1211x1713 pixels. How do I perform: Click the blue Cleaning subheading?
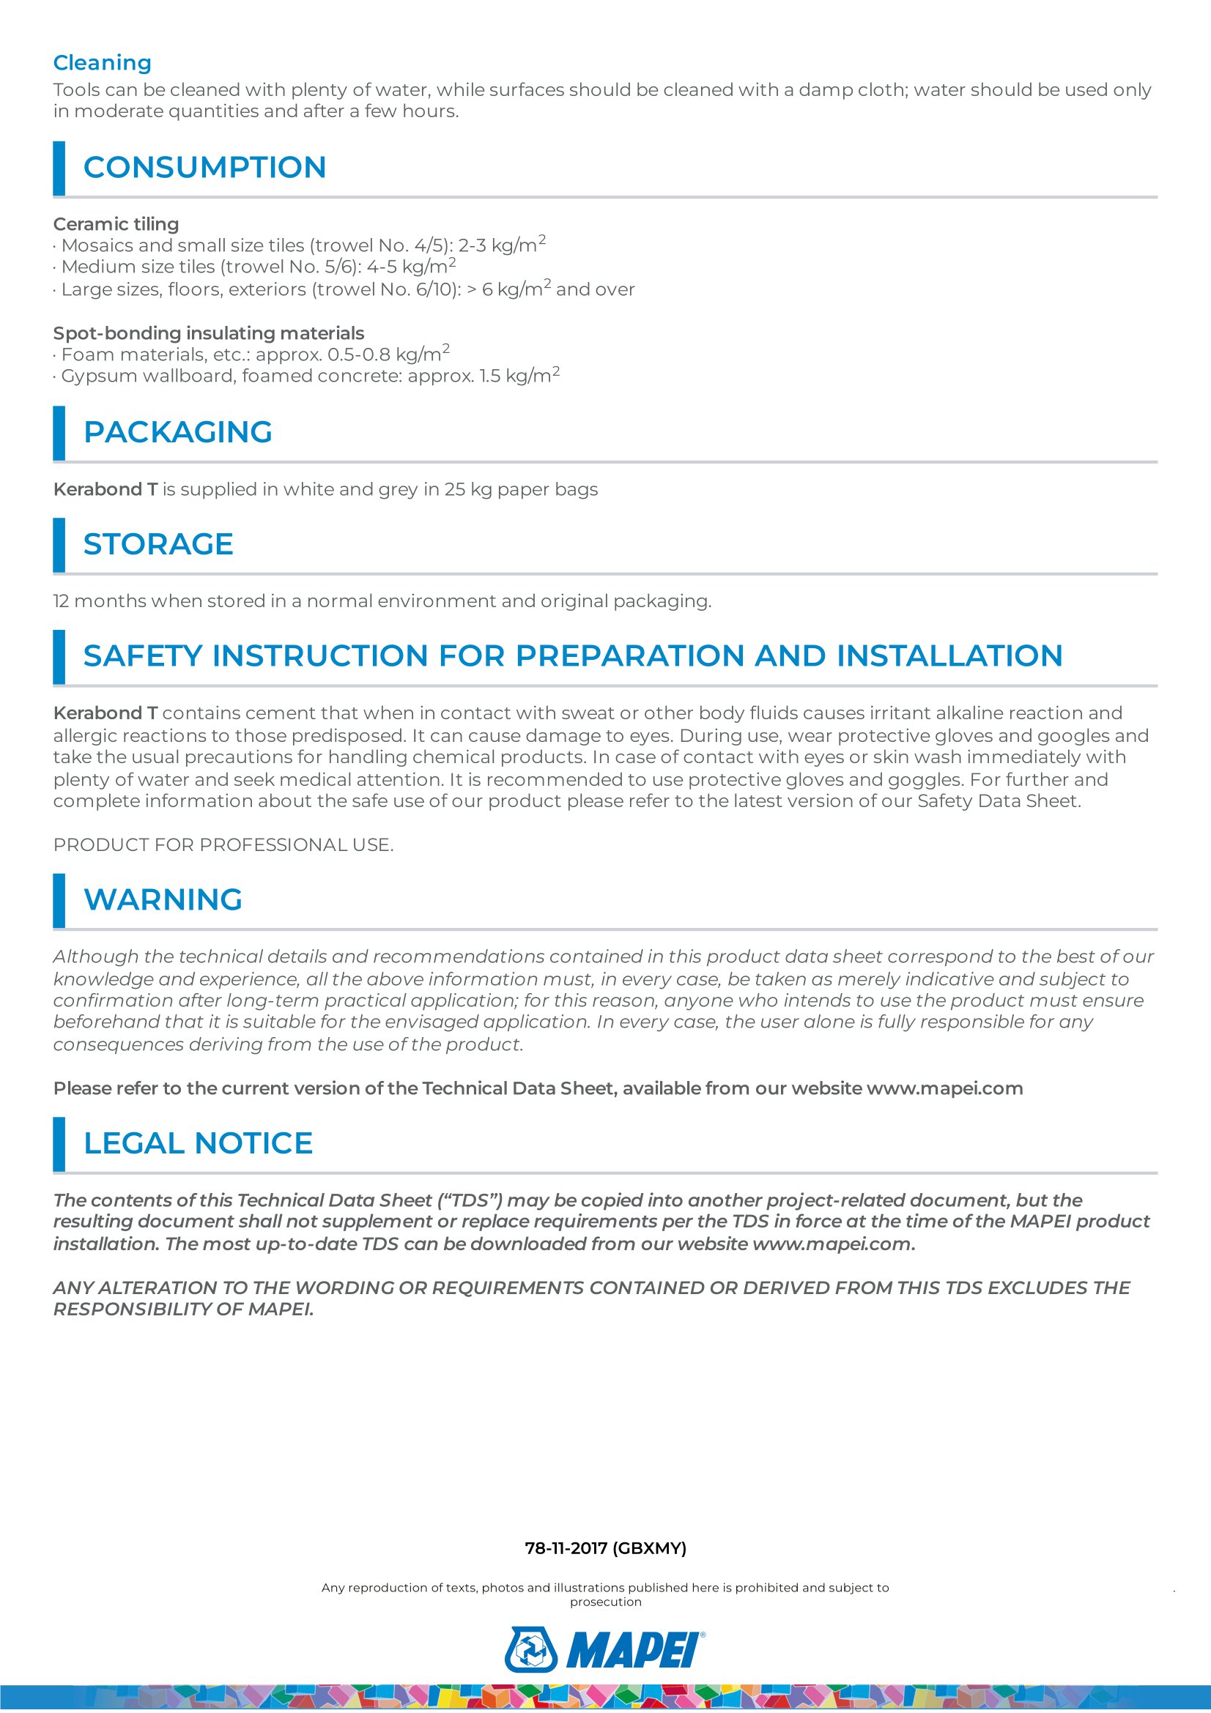pyautogui.click(x=103, y=63)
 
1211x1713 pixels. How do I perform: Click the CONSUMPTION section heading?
pyautogui.click(x=204, y=167)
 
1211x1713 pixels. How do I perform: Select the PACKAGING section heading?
pyautogui.click(x=177, y=432)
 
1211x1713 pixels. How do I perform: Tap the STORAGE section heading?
pyautogui.click(x=158, y=544)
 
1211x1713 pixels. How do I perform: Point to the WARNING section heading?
pyautogui.click(x=163, y=900)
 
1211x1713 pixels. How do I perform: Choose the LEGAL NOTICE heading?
pyautogui.click(x=198, y=1143)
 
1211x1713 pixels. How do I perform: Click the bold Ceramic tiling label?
pyautogui.click(x=116, y=224)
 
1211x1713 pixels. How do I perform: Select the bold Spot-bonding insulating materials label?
pyautogui.click(x=208, y=332)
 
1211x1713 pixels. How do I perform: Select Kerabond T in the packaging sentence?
pyautogui.click(x=105, y=489)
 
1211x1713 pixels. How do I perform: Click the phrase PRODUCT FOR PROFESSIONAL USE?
pyautogui.click(x=223, y=844)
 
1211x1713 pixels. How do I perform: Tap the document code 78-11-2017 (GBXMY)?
pyautogui.click(x=605, y=1548)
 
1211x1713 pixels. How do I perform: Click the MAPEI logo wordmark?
pyautogui.click(x=634, y=1649)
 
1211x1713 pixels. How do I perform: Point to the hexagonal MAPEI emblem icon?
pyautogui.click(x=531, y=1649)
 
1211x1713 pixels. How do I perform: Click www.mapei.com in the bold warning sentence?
pyautogui.click(x=944, y=1088)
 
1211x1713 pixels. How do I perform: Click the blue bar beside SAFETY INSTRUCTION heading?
pyautogui.click(x=59, y=655)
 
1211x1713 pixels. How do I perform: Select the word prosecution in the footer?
pyautogui.click(x=605, y=1602)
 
